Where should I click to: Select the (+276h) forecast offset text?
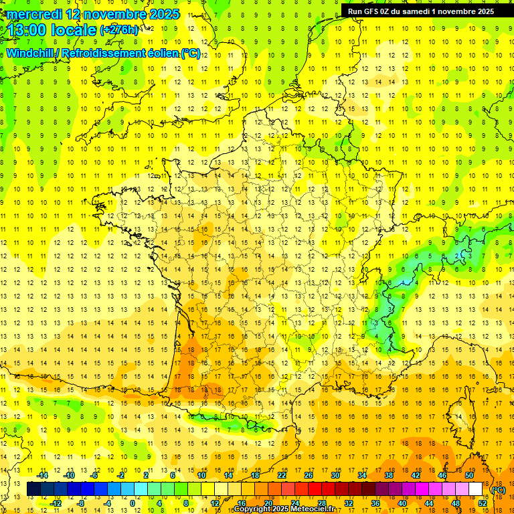pos(119,30)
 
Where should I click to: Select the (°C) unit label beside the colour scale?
pos(498,490)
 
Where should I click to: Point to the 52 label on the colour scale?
pos(483,503)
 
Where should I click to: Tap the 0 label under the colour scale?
pos(133,503)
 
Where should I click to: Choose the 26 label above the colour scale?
pos(308,475)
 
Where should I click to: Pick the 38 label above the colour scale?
pos(388,475)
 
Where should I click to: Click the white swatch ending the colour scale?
pos(475,489)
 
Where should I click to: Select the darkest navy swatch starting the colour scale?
pos(33,489)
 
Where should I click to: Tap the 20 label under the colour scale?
pos(268,503)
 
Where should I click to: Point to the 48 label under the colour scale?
pos(456,503)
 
